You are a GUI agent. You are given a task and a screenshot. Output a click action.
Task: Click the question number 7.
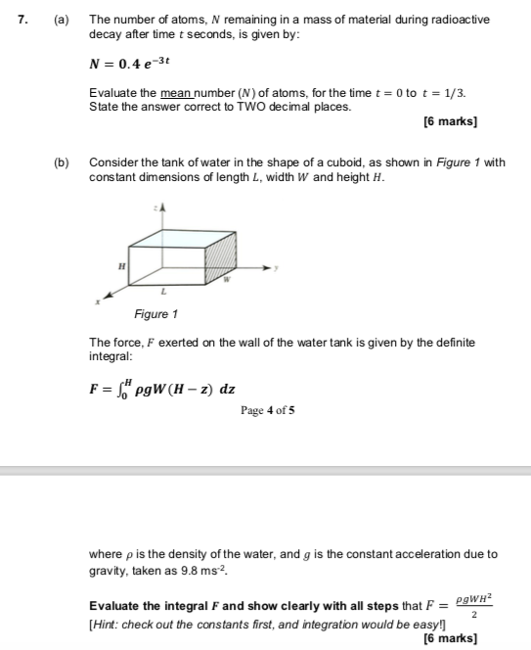[14, 20]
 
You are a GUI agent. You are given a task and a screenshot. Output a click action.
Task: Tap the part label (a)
[61, 20]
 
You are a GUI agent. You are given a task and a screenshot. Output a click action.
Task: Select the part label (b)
[61, 162]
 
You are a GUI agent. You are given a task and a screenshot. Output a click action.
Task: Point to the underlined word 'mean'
[175, 93]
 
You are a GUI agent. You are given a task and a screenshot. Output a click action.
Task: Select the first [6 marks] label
[450, 122]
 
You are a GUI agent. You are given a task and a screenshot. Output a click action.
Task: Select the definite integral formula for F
[161, 389]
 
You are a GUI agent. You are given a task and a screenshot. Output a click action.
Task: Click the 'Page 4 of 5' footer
[267, 411]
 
